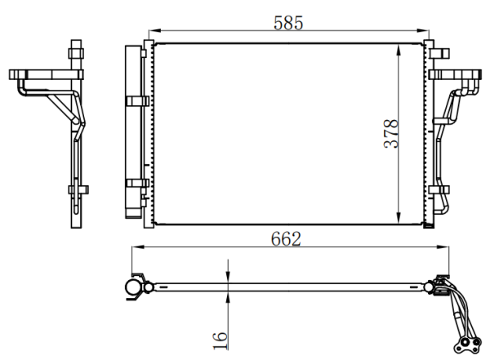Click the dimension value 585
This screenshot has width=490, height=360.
click(288, 23)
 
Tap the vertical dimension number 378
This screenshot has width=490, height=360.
click(391, 133)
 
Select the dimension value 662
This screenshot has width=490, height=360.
click(286, 239)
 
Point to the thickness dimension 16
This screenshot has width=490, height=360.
click(220, 340)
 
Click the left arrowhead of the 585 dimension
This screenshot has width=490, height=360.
click(154, 31)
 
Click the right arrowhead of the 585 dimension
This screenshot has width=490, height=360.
click(423, 31)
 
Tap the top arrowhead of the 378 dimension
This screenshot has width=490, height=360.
click(399, 51)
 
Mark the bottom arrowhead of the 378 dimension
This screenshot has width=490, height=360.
click(399, 218)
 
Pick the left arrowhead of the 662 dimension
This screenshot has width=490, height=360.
click(138, 247)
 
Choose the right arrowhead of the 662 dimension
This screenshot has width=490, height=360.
click(443, 247)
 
